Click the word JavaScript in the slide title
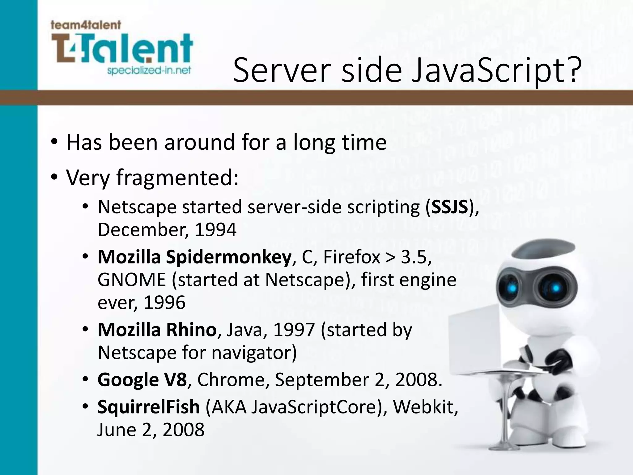tap(491, 71)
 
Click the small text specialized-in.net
tap(149, 71)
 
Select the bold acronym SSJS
tap(450, 207)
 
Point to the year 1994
tap(215, 230)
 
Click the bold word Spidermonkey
tap(228, 257)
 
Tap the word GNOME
tap(132, 280)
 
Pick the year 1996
tap(164, 302)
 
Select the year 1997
tap(294, 330)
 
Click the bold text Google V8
tap(142, 380)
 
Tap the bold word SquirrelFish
tap(148, 407)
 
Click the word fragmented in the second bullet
tap(177, 178)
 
